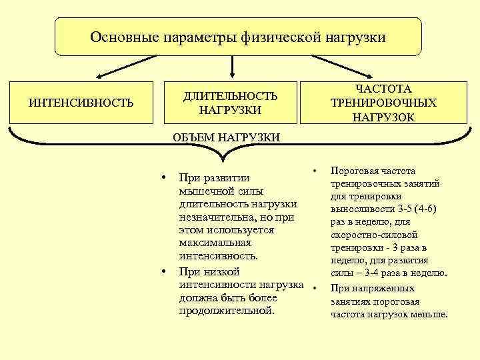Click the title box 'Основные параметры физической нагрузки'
tap(238, 37)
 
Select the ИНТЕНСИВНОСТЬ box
tap(81, 103)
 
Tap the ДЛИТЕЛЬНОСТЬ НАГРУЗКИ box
tap(231, 103)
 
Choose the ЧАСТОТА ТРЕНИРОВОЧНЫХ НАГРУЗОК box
tap(383, 103)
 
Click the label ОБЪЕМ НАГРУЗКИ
tap(225, 137)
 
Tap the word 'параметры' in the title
tap(200, 37)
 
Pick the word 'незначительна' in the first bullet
tap(217, 217)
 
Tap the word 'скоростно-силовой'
tap(374, 235)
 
